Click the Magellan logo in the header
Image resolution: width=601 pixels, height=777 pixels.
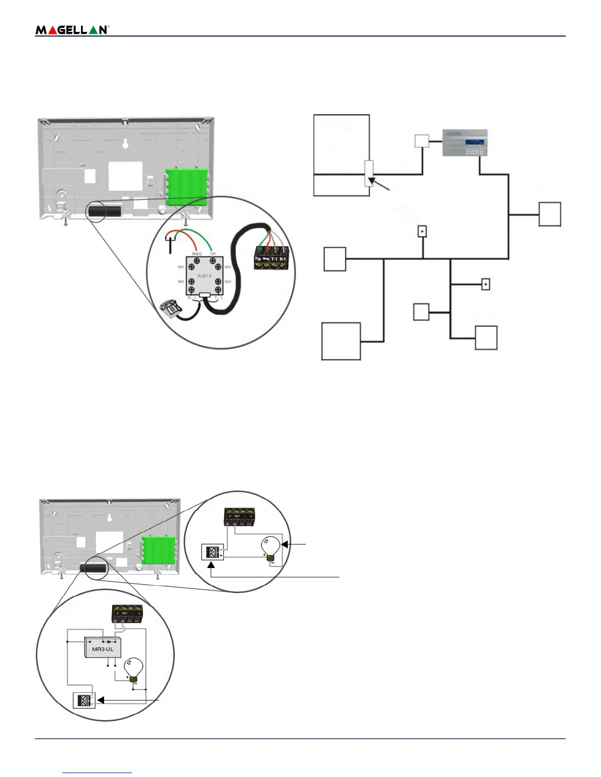pyautogui.click(x=72, y=30)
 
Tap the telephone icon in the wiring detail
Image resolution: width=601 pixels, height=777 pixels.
pyautogui.click(x=171, y=309)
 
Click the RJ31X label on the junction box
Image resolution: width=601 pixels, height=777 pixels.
pyautogui.click(x=205, y=276)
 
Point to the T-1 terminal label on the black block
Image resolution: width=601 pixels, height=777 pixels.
pyautogui.click(x=274, y=259)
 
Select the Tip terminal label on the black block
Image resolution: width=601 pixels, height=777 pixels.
pyautogui.click(x=258, y=259)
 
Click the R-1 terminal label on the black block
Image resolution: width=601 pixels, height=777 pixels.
pyautogui.click(x=283, y=259)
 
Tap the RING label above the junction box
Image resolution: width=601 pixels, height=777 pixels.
pyautogui.click(x=197, y=254)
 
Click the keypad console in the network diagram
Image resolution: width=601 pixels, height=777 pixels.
pyautogui.click(x=465, y=143)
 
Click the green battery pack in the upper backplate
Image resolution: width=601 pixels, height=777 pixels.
pyautogui.click(x=187, y=187)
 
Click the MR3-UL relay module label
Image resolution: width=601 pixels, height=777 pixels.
pyautogui.click(x=103, y=649)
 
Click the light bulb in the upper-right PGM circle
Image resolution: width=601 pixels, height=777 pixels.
pyautogui.click(x=270, y=548)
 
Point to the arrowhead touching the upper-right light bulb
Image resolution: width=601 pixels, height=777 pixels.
pyautogui.click(x=284, y=544)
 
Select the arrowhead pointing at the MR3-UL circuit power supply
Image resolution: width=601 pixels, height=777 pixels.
pyautogui.click(x=100, y=700)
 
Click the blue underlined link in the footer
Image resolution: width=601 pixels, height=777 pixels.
pyautogui.click(x=97, y=773)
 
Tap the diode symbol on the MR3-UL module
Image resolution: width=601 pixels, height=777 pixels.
pyautogui.click(x=108, y=641)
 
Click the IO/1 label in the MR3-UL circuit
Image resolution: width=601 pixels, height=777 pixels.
pyautogui.click(x=124, y=613)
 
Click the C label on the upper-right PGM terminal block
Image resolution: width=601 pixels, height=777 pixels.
pyautogui.click(x=230, y=516)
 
